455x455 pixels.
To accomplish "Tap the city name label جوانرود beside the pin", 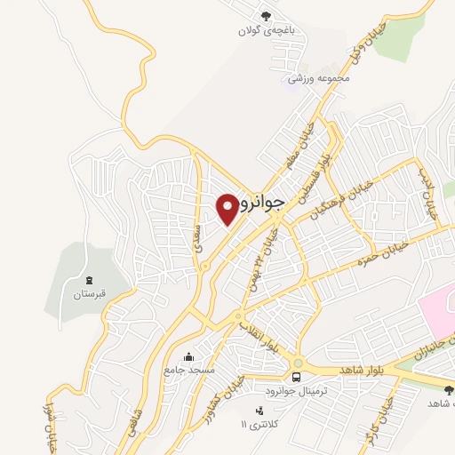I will [262, 203].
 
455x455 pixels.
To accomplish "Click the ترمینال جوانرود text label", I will [296, 391].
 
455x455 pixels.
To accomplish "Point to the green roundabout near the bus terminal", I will [297, 363].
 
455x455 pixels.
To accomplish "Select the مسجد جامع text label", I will [188, 369].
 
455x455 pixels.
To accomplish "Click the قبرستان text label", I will [89, 292].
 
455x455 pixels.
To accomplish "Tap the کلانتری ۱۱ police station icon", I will [259, 410].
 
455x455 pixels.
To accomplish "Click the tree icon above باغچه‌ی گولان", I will [264, 15].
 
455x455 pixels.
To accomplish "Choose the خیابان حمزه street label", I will [381, 251].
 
